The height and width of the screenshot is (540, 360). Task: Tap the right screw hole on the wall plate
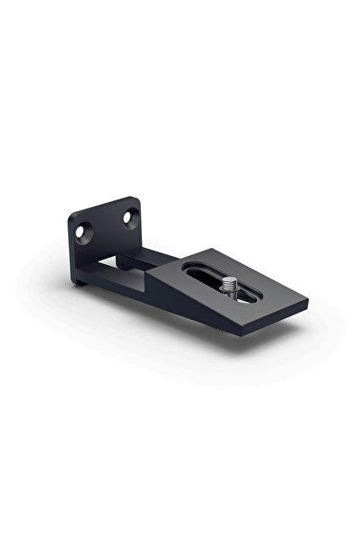click(x=131, y=216)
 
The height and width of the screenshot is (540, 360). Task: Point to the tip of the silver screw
click(x=228, y=280)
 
